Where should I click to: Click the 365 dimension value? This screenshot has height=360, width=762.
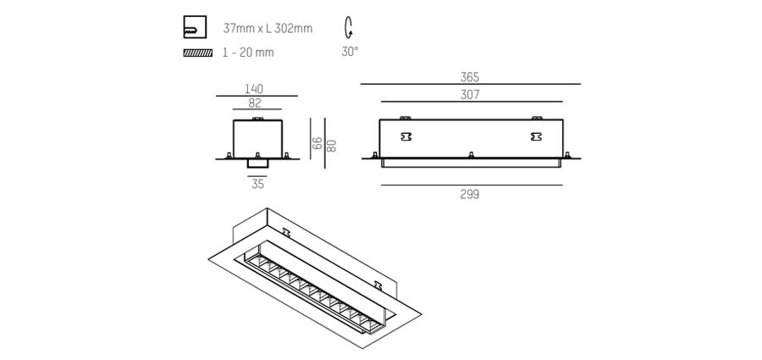coord(469,77)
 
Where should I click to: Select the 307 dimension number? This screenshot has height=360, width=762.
coord(469,95)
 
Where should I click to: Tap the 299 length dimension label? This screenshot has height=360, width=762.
coord(469,194)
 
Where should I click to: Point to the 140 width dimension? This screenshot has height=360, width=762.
coord(254,89)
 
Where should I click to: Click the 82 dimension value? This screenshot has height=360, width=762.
coord(255,102)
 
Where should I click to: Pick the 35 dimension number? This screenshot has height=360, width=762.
coord(257,184)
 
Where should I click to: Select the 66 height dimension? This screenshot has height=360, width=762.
coord(317,143)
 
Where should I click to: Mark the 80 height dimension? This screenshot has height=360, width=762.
coord(331,146)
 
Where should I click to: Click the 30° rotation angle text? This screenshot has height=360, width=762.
coord(350,52)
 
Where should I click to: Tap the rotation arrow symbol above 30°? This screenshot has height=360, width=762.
coord(349,28)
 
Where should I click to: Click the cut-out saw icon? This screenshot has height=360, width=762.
coord(195,27)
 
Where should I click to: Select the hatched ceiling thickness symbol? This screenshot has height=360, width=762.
coord(198,53)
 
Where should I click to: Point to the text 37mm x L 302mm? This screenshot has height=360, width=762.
coord(268,29)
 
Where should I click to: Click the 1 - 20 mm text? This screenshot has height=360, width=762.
coord(248,53)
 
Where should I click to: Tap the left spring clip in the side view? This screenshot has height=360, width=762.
coord(406,136)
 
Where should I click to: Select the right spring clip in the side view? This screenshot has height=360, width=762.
coord(536,136)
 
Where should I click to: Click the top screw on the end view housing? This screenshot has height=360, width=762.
coord(257,119)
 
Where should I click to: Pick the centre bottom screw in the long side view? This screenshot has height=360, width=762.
coord(471,155)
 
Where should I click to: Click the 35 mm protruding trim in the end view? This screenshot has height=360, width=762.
coord(257,163)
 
